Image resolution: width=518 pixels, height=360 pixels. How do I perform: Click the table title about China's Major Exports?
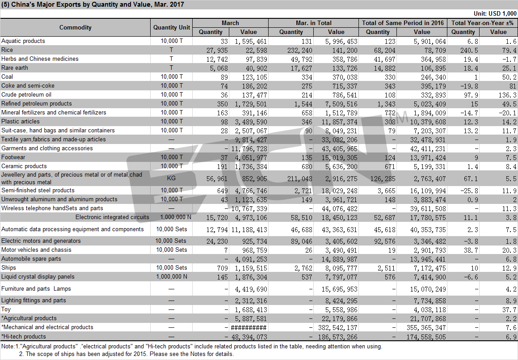[93, 4]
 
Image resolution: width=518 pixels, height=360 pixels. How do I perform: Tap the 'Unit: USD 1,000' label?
[495, 13]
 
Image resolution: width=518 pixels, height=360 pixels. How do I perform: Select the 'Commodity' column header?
[76, 27]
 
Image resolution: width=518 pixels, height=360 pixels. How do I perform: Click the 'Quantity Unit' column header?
[172, 27]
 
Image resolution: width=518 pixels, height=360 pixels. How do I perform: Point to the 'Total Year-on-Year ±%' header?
[482, 23]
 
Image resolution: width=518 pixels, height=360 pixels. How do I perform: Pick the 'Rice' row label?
[7, 50]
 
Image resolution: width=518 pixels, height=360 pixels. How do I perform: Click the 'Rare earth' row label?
[15, 68]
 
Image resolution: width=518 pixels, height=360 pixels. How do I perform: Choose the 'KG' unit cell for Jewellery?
[171, 178]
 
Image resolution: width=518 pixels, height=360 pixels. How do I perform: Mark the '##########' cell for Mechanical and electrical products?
[249, 328]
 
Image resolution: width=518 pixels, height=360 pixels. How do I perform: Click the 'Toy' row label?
[6, 309]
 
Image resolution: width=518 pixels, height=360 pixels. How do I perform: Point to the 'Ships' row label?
[8, 268]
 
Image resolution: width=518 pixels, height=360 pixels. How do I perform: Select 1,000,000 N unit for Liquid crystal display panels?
[172, 277]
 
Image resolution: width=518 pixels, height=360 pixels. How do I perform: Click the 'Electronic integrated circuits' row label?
[112, 217]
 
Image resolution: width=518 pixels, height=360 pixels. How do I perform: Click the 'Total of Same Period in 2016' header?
[403, 23]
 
